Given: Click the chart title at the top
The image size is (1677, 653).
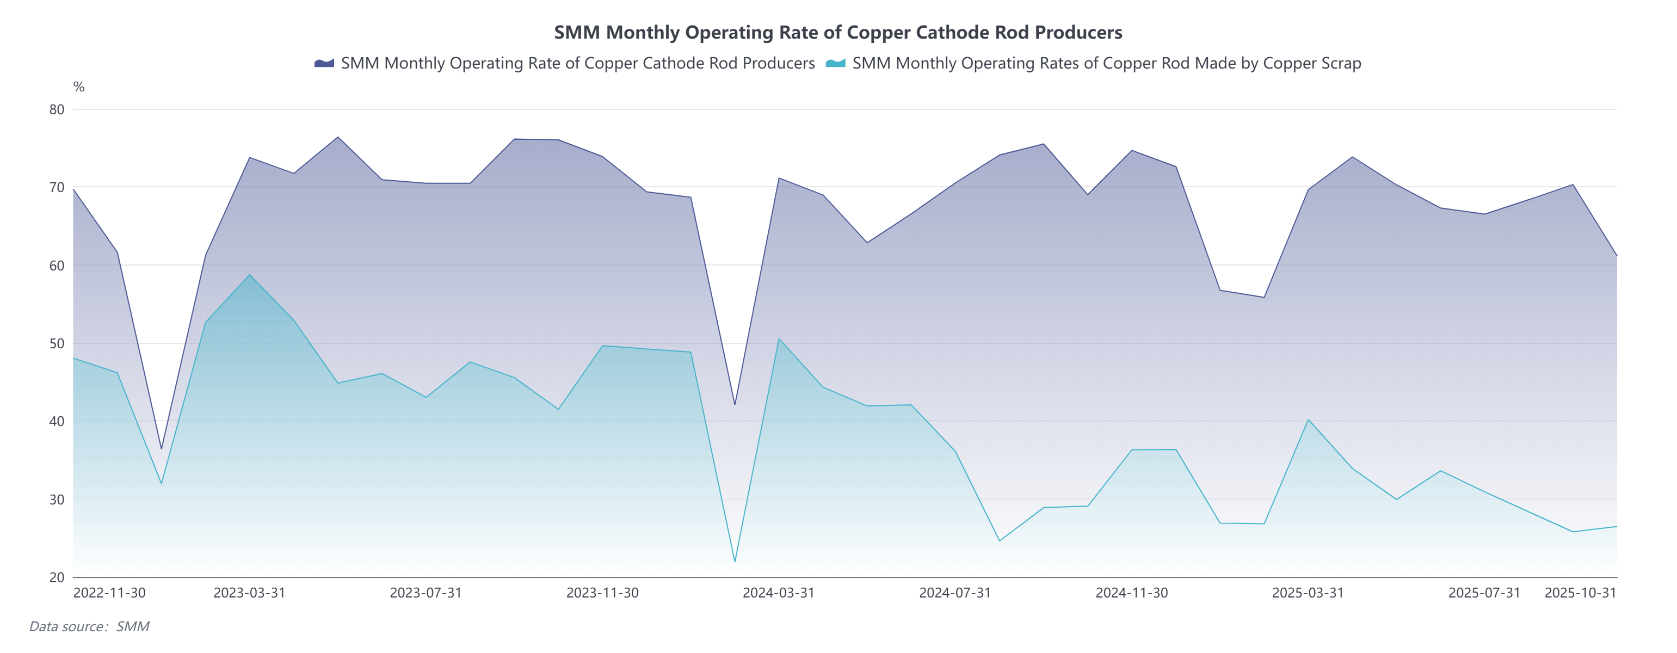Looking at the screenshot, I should pyautogui.click(x=838, y=32).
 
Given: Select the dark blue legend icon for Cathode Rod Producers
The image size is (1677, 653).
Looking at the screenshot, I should pyautogui.click(x=324, y=63).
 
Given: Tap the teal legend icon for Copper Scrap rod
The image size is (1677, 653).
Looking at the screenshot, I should pyautogui.click(x=835, y=63).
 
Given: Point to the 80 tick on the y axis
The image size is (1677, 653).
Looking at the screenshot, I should pyautogui.click(x=57, y=109).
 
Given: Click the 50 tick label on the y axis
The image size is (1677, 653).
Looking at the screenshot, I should pyautogui.click(x=57, y=343).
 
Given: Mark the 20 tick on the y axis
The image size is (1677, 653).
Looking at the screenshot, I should pyautogui.click(x=57, y=577).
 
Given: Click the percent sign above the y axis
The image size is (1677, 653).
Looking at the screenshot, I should pyautogui.click(x=79, y=87).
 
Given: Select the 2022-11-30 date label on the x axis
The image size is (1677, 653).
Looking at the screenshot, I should pyautogui.click(x=109, y=593).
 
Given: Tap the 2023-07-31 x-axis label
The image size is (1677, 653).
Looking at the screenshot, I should pyautogui.click(x=426, y=593).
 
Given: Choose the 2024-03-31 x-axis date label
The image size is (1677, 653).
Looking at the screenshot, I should pyautogui.click(x=779, y=593).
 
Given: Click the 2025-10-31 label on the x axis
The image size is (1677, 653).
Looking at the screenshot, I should pyautogui.click(x=1580, y=593).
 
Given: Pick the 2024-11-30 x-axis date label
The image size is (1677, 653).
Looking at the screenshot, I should pyautogui.click(x=1131, y=593).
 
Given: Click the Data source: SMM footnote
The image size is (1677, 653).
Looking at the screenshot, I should pyautogui.click(x=89, y=626).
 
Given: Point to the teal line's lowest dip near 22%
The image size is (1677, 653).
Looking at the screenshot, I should pyautogui.click(x=735, y=561).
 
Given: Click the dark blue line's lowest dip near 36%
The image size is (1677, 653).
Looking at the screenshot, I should pyautogui.click(x=162, y=448).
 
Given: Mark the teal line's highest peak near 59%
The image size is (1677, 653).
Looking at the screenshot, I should pyautogui.click(x=249, y=275).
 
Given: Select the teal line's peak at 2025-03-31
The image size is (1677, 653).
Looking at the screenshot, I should pyautogui.click(x=1308, y=419).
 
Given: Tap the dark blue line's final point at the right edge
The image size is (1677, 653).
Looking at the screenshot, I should pyautogui.click(x=1617, y=255).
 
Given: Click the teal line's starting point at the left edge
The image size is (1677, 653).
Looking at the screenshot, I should pyautogui.click(x=73, y=358).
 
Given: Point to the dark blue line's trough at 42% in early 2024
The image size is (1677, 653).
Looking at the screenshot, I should pyautogui.click(x=735, y=404).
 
